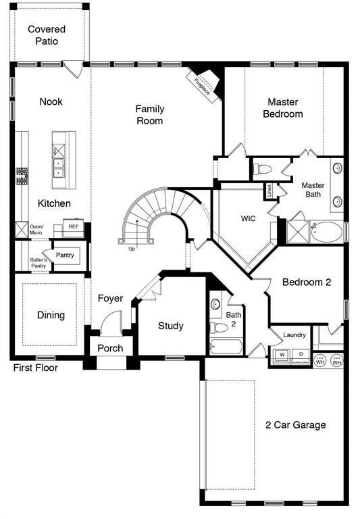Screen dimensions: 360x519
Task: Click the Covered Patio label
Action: tap(47, 35)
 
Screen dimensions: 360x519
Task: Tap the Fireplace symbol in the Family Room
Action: tap(203, 84)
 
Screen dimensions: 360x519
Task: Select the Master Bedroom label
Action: tap(283, 108)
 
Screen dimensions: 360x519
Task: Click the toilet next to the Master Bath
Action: tap(262, 170)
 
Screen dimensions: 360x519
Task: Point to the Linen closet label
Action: tap(269, 191)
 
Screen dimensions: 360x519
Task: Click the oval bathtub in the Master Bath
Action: tap(327, 232)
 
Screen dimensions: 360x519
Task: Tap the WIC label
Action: tap(248, 218)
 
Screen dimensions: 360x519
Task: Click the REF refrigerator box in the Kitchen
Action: tap(74, 227)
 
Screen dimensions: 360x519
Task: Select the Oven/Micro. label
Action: tap(36, 229)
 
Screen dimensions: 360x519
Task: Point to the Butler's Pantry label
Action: tap(38, 263)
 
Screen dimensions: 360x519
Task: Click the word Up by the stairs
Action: tap(132, 249)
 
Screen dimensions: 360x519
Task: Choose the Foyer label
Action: tap(110, 298)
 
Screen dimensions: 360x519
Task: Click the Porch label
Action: tap(110, 348)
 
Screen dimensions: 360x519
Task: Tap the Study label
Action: tap(171, 326)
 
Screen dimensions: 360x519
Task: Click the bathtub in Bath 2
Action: tap(226, 347)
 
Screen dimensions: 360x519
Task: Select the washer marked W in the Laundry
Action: tap(282, 356)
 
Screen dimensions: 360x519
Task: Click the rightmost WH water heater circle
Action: tap(337, 360)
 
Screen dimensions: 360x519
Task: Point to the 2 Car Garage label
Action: tap(295, 424)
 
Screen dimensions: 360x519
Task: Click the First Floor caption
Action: tap(35, 368)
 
